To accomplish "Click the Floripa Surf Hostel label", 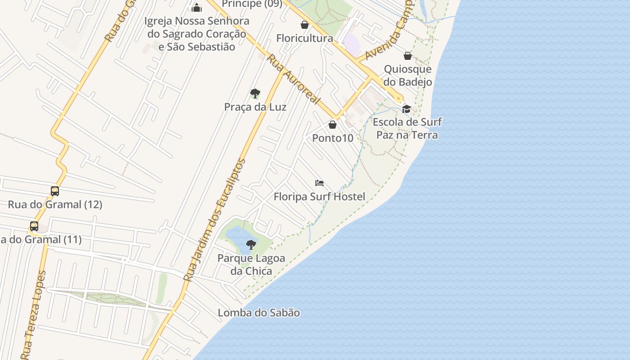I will tap(319, 197).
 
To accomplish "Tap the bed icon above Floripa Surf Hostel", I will tap(319, 183).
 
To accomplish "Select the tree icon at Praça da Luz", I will tap(255, 94).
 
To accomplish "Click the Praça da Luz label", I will tap(255, 107).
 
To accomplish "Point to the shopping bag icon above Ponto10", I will tap(333, 125).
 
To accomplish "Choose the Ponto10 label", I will tap(333, 138).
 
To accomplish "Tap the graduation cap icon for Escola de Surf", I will tap(407, 109).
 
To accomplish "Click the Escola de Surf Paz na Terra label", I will tap(407, 128).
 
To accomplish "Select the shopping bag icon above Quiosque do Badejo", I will tap(408, 56).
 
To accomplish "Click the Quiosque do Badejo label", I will tap(408, 75).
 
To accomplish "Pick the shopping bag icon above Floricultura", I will tap(305, 25).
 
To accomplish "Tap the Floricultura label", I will tap(305, 38).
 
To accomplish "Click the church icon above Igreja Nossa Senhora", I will tap(197, 8).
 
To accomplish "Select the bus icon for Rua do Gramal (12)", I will tap(55, 191).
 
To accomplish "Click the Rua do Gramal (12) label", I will tap(55, 204).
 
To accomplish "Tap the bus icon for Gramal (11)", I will tap(34, 226).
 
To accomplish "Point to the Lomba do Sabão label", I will tap(259, 313).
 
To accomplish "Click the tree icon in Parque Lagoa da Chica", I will tap(251, 245).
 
